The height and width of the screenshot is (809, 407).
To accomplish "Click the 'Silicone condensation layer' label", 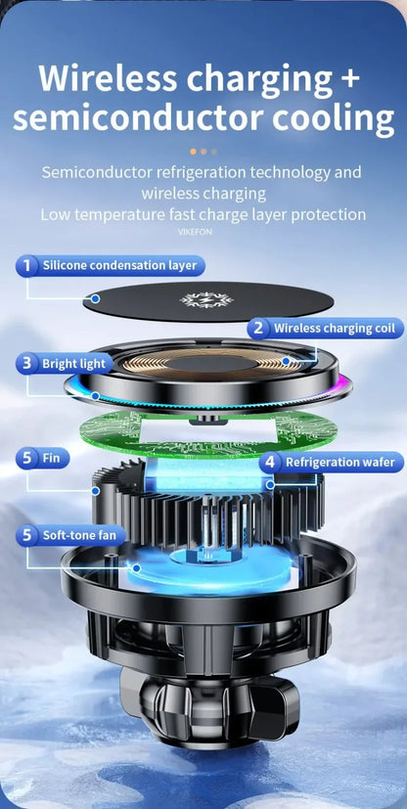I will click(x=119, y=265).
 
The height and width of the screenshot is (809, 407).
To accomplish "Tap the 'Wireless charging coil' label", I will click(x=335, y=329).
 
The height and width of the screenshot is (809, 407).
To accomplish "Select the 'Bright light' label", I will click(x=73, y=364).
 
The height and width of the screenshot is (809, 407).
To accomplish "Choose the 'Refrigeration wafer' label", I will click(x=339, y=462).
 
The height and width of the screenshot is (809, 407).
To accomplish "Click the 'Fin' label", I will click(x=52, y=457).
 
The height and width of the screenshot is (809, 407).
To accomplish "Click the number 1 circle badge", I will click(x=27, y=265).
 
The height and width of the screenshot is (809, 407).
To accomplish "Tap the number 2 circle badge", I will click(x=258, y=329).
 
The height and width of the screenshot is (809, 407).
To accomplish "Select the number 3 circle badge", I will click(x=27, y=364).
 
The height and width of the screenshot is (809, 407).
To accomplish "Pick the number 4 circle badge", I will click(x=270, y=462).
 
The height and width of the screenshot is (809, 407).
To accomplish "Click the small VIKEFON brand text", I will click(x=195, y=232).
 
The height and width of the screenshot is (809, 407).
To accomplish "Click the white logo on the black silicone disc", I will click(x=203, y=300).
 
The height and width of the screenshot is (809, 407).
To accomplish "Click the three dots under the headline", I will click(x=203, y=152).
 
